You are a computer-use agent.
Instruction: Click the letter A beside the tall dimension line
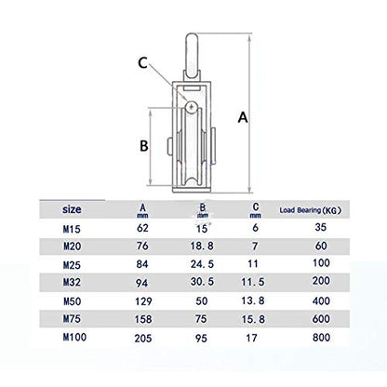coord(244,117)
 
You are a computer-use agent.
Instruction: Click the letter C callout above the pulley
coord(143,63)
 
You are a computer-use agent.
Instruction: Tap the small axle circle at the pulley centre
coord(190,109)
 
